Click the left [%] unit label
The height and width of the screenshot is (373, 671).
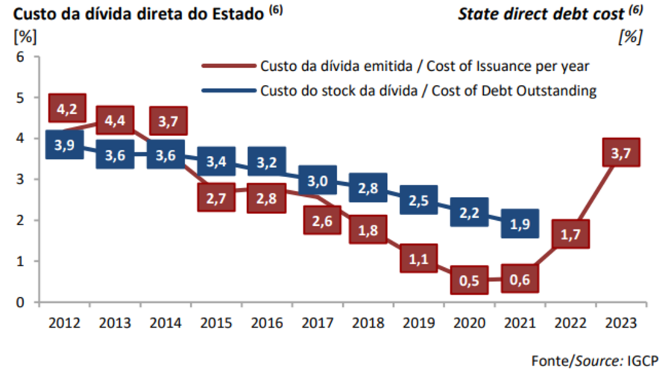point(25,35)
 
